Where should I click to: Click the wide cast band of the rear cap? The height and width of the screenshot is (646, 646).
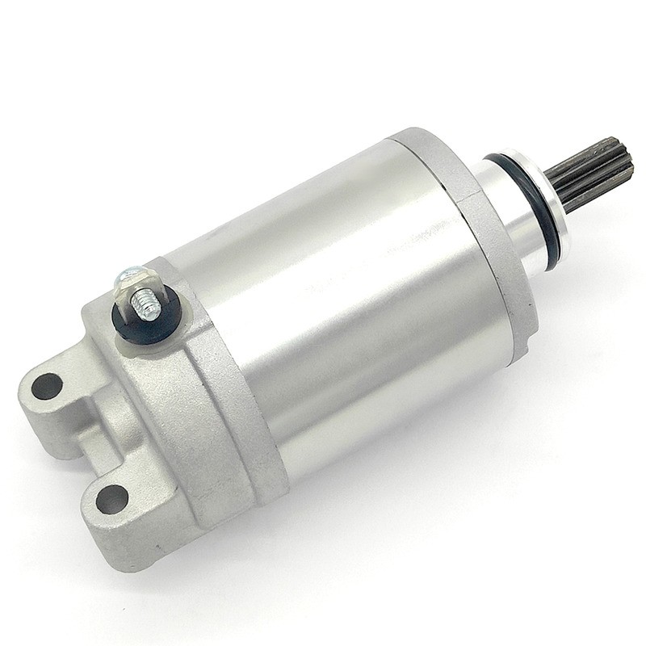[218, 420]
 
